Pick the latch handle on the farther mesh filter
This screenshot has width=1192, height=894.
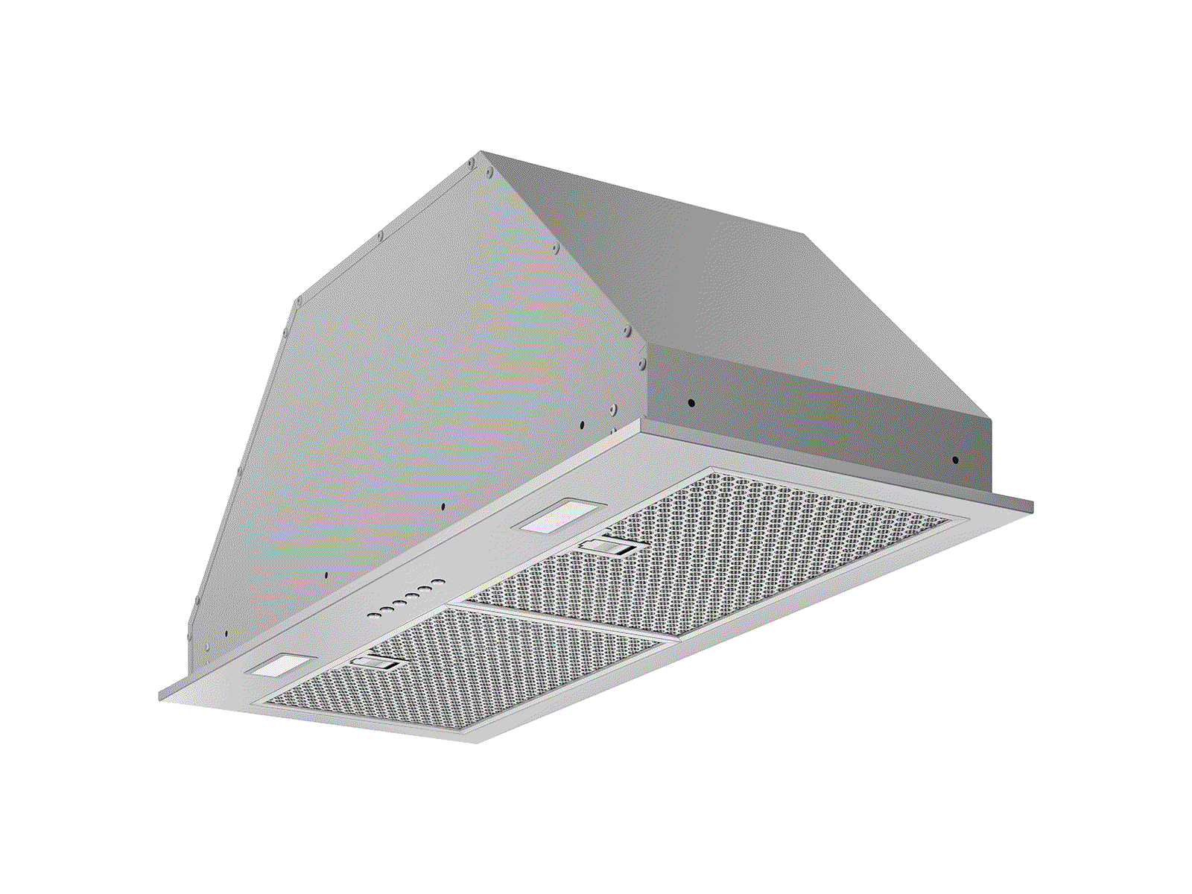pyautogui.click(x=609, y=547)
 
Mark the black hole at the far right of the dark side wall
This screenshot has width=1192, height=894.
pyautogui.click(x=955, y=460)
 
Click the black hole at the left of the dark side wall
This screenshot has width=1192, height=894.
pyautogui.click(x=691, y=403)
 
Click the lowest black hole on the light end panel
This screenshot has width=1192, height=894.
pyautogui.click(x=226, y=634)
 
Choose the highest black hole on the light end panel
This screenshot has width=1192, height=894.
pyautogui.click(x=580, y=426)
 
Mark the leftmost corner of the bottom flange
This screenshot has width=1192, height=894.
pyautogui.click(x=159, y=694)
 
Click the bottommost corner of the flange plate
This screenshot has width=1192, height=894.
pyautogui.click(x=477, y=742)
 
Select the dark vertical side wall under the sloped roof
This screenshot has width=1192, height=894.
pyautogui.click(x=819, y=402)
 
